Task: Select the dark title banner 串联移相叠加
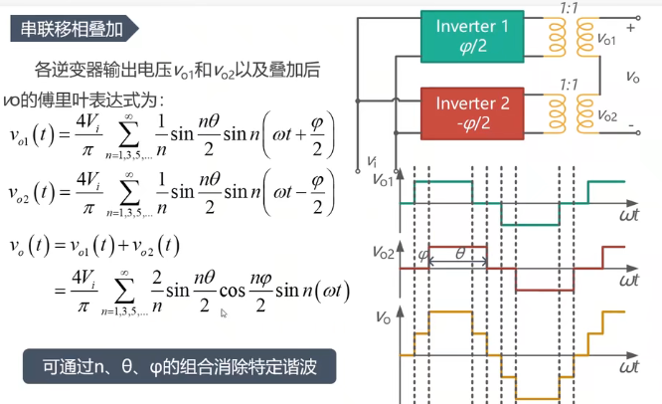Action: pyautogui.click(x=74, y=29)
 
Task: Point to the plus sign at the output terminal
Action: pyautogui.click(x=631, y=29)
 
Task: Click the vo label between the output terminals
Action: pyautogui.click(x=633, y=75)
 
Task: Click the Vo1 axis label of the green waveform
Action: pyautogui.click(x=382, y=181)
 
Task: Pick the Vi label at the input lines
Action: pyautogui.click(x=371, y=159)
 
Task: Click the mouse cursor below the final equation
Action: pyautogui.click(x=224, y=313)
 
